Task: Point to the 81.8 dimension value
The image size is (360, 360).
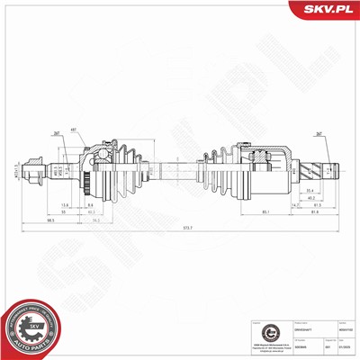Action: click(312, 211)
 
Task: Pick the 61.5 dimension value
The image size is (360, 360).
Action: click(317, 205)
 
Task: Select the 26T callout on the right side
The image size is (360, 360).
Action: click(319, 134)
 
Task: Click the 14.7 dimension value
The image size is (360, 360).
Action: click(293, 206)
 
